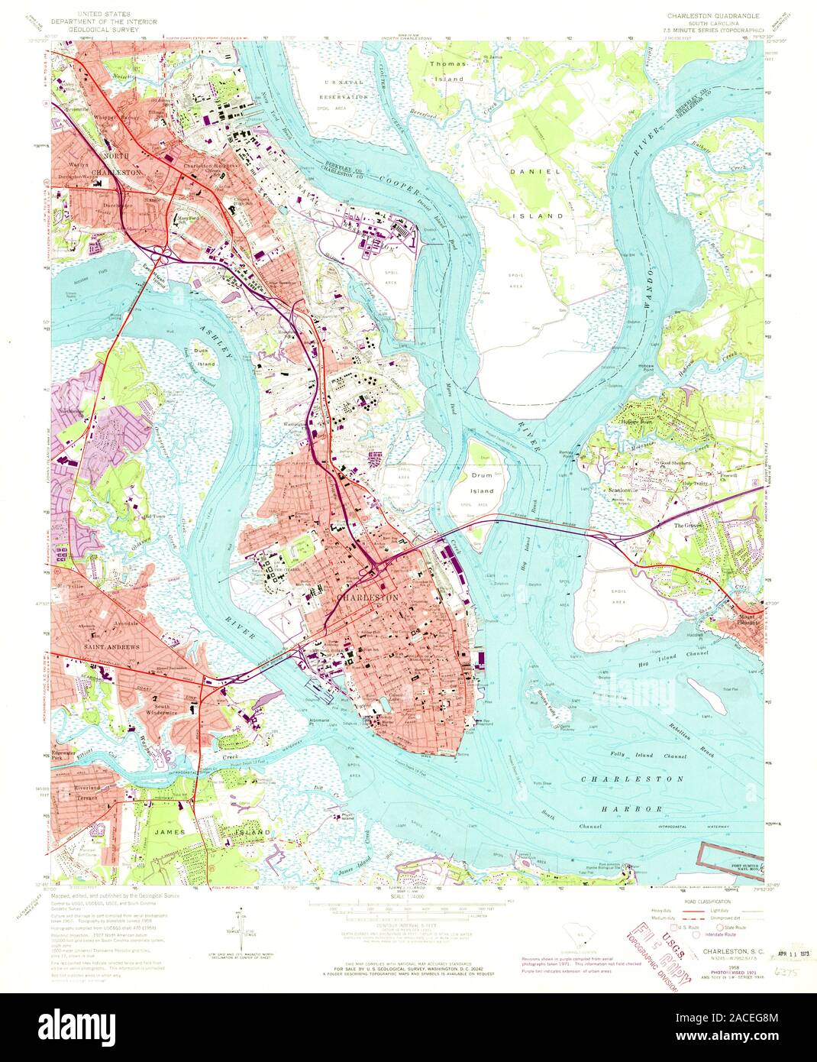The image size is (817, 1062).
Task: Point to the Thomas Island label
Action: (447, 72)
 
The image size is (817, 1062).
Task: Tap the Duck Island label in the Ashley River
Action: (202, 358)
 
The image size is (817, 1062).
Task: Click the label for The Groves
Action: (686, 526)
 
